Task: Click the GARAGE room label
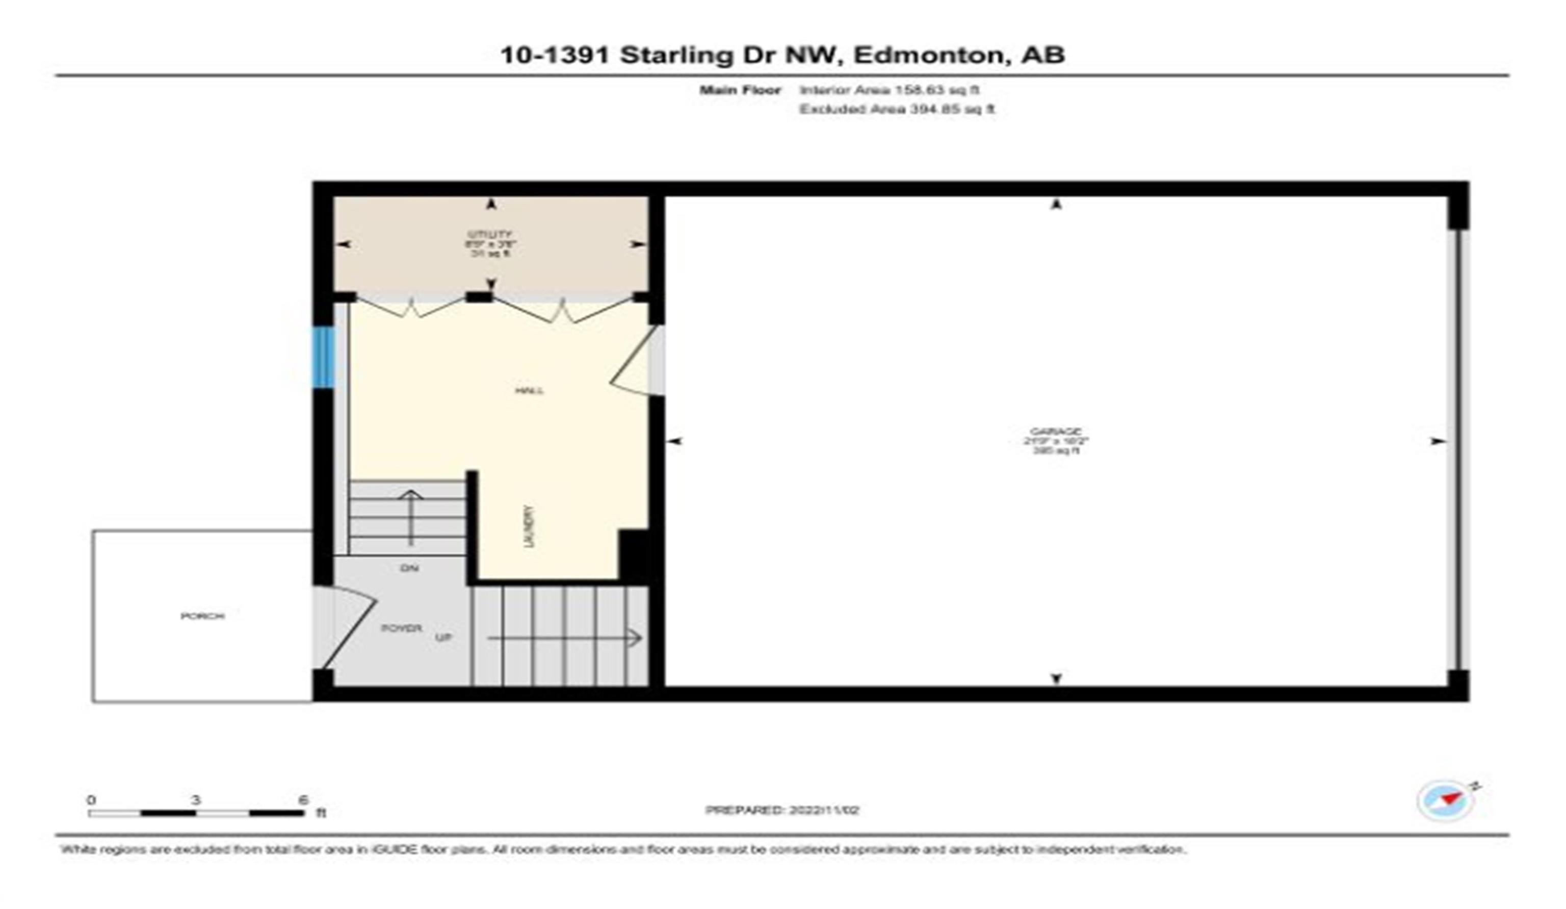click(1056, 431)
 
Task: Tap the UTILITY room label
click(490, 235)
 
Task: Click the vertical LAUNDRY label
click(529, 526)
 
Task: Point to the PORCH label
click(202, 616)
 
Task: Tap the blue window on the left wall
click(323, 357)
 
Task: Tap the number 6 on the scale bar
click(303, 799)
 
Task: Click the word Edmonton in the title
click(929, 55)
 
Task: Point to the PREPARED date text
click(782, 810)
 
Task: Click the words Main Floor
click(740, 90)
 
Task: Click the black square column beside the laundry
click(634, 554)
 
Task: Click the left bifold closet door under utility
click(411, 307)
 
